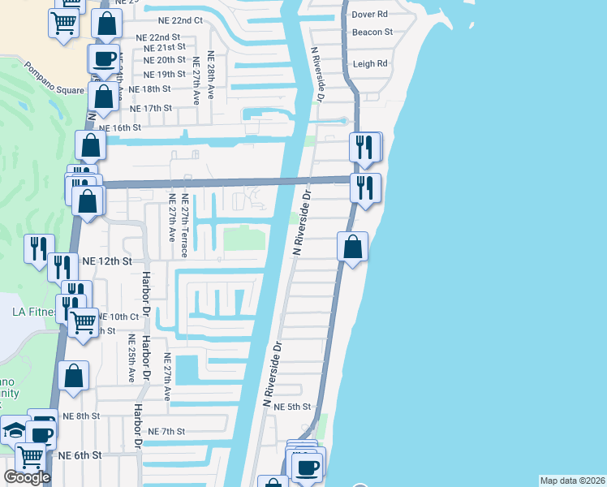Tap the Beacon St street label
click(372, 32)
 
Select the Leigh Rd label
click(370, 63)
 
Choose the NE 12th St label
click(107, 261)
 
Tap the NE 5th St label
click(293, 407)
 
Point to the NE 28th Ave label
click(211, 75)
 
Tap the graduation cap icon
click(15, 430)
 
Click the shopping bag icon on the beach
click(353, 247)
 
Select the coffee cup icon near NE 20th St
click(104, 58)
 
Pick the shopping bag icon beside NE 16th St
click(91, 146)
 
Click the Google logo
click(27, 477)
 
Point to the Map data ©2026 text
click(572, 481)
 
